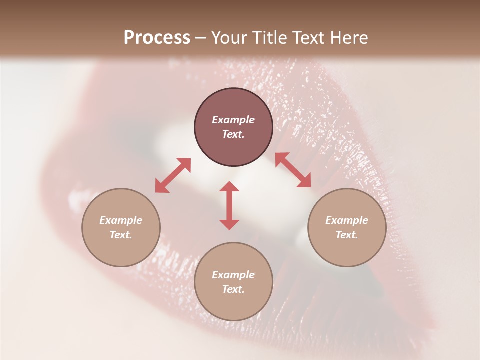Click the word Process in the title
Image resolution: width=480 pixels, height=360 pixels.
[x=157, y=38]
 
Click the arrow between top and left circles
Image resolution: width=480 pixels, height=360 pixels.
[x=173, y=175]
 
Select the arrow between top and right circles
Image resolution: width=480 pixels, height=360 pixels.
[x=293, y=170]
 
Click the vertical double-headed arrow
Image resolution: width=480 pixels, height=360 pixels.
[x=229, y=205]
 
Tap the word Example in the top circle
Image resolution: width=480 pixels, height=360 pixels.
[x=233, y=120]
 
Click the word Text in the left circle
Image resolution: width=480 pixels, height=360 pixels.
[x=121, y=235]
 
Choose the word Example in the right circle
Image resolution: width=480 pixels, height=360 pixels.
[x=347, y=220]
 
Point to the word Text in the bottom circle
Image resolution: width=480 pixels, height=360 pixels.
[x=233, y=289]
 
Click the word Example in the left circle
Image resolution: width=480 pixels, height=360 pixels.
[x=121, y=220]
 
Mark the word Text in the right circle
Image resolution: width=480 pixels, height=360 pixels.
[x=347, y=235]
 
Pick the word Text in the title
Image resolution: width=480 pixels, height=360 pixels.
[x=310, y=38]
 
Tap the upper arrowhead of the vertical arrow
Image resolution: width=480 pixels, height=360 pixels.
[x=229, y=187]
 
